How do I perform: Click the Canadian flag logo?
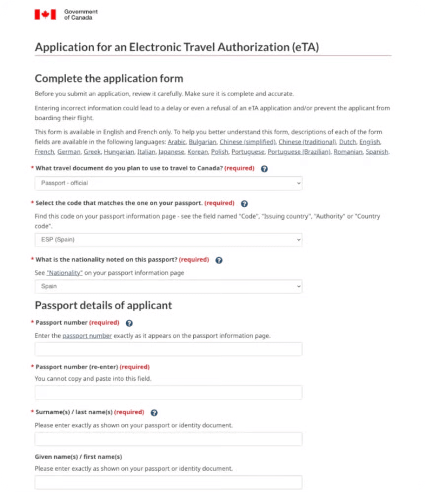45,15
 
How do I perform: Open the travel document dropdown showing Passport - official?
168,183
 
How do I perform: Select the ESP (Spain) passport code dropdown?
168,240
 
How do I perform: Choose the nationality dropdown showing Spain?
168,286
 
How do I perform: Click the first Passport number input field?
168,349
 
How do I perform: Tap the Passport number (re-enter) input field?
168,392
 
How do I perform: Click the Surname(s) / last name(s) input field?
168,439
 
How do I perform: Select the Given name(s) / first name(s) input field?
168,482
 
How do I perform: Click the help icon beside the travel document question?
264,169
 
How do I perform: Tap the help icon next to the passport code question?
244,204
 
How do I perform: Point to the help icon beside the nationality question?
219,260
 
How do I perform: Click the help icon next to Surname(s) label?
154,413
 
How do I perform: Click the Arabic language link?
177,142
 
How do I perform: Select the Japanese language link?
172,152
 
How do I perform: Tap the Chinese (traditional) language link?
307,142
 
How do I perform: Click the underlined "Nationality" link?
64,273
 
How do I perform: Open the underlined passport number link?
87,336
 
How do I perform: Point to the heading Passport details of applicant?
103,305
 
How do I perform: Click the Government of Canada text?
80,15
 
